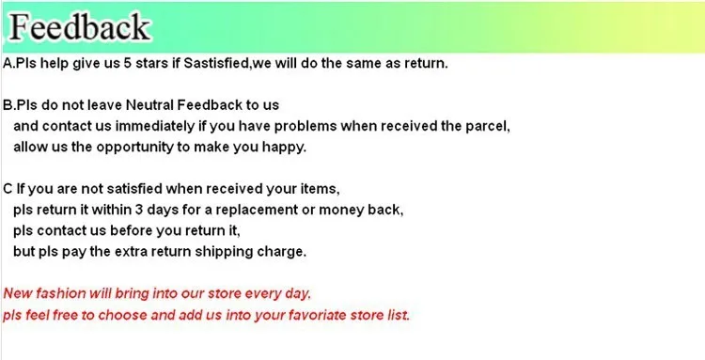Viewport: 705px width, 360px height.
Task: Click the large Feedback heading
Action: click(80, 27)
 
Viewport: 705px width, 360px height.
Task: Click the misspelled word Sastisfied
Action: click(216, 63)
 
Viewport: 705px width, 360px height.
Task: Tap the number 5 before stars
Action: click(128, 63)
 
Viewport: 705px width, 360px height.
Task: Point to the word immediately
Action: click(155, 126)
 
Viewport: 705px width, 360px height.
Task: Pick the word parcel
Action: click(488, 126)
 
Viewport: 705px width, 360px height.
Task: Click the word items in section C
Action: click(321, 189)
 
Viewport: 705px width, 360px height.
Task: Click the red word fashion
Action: click(61, 293)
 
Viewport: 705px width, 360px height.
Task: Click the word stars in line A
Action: click(151, 63)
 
